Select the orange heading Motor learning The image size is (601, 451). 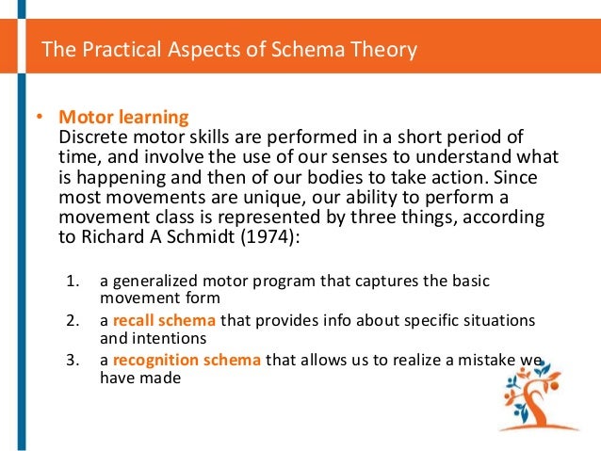tap(123, 118)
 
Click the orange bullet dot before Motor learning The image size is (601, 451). tap(40, 119)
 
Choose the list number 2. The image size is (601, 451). tap(73, 320)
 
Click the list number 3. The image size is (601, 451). tap(73, 359)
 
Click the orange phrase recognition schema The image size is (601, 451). tap(187, 359)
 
